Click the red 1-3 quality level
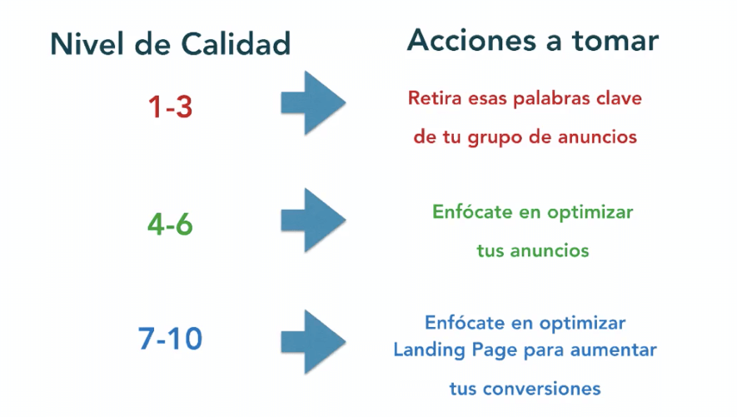pos(170,107)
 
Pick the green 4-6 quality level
pos(170,224)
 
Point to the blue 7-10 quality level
pos(170,339)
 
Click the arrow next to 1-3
pos(313,102)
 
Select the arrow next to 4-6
pos(313,220)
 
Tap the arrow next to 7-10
pos(313,341)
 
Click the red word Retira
pos(434,98)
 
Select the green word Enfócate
pos(471,211)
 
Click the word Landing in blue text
pos(428,350)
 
